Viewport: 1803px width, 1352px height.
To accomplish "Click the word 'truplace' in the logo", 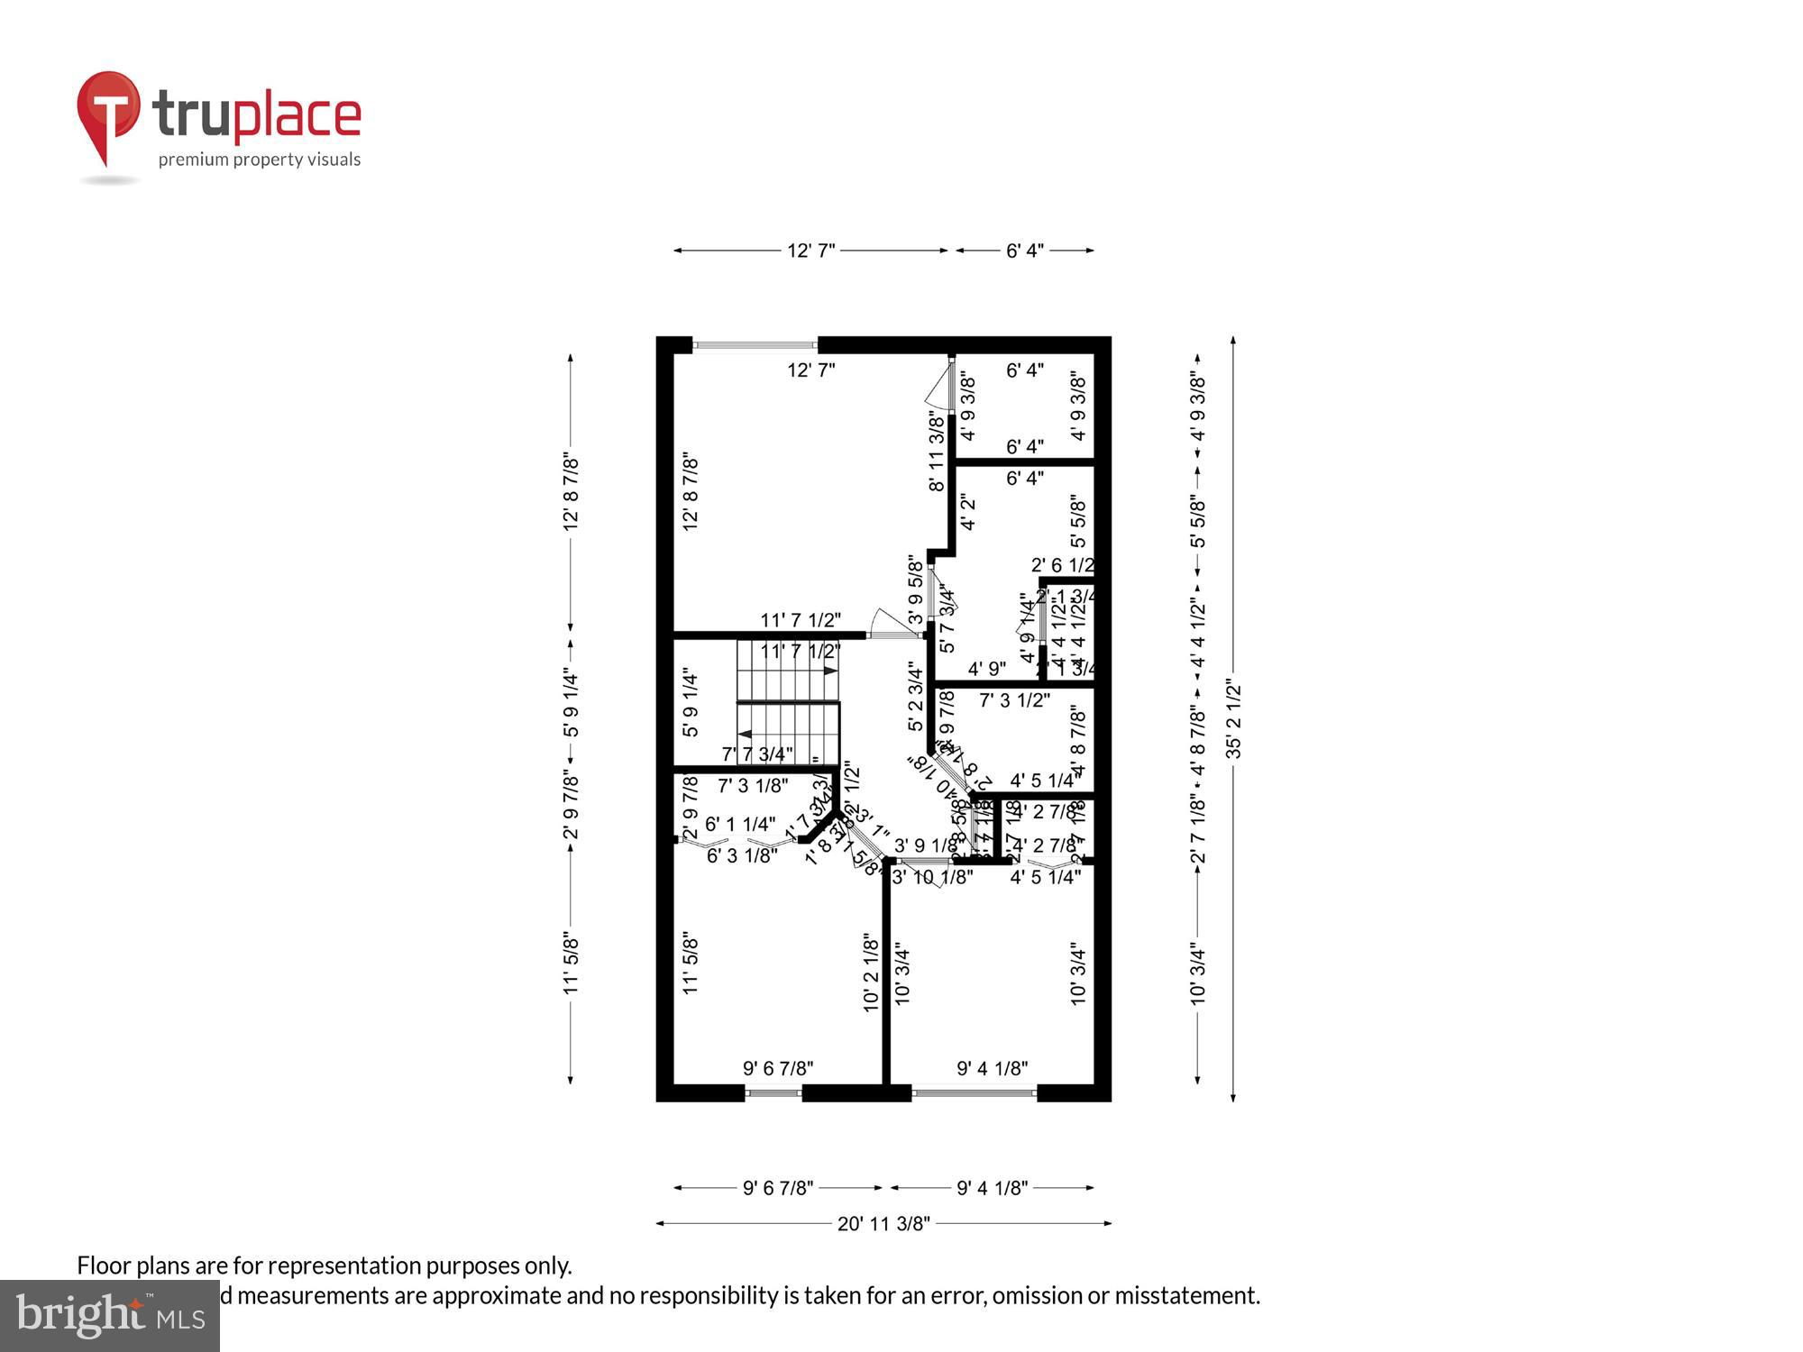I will point(257,114).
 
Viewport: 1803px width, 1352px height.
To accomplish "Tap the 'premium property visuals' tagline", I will point(260,160).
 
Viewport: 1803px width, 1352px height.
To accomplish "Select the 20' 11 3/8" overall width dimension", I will point(883,1223).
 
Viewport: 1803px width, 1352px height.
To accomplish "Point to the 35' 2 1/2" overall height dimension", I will point(1233,720).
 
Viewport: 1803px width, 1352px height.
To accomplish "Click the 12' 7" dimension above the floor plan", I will point(811,251).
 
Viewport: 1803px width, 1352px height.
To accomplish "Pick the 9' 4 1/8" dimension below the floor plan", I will point(992,1188).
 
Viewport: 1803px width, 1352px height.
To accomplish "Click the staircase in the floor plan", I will point(788,703).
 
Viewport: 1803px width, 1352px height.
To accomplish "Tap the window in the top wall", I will point(755,344).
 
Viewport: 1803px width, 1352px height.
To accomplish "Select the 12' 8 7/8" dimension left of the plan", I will point(571,492).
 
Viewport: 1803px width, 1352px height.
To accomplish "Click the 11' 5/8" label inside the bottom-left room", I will point(691,963).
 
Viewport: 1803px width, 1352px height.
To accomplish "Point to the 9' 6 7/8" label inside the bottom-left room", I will point(778,1068).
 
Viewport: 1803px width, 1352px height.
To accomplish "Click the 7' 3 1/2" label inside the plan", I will point(1014,699).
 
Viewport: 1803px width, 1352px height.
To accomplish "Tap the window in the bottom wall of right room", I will point(974,1093).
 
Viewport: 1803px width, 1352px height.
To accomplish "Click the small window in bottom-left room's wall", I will point(773,1093).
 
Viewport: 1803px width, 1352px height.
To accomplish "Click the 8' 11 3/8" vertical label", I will point(938,451).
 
